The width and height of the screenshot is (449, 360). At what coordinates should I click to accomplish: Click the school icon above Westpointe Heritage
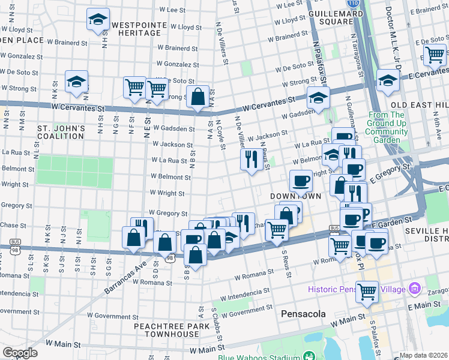(x=97, y=20)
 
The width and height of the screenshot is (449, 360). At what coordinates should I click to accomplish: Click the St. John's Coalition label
(x=61, y=132)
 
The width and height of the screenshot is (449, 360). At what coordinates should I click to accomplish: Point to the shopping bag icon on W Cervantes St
(x=197, y=97)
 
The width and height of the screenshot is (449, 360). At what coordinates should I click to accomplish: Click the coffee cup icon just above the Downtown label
(x=300, y=181)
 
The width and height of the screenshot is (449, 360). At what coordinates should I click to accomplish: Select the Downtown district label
(x=295, y=197)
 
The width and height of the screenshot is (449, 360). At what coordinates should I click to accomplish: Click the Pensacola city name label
(x=303, y=314)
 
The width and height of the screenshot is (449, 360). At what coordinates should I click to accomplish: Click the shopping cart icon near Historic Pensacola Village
(x=367, y=292)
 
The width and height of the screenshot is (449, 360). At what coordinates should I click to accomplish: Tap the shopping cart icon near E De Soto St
(x=435, y=55)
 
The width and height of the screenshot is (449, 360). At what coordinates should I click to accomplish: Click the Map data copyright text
(x=423, y=355)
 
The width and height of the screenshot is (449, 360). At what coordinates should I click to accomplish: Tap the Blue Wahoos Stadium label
(x=259, y=356)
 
